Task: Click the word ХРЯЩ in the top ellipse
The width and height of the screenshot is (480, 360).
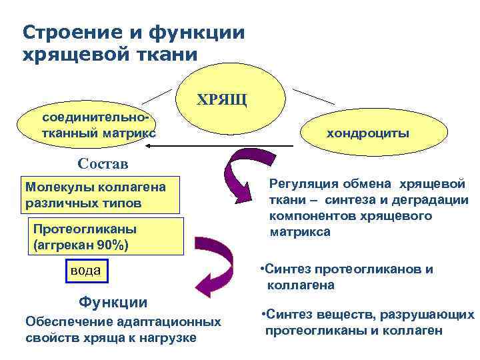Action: click(222, 101)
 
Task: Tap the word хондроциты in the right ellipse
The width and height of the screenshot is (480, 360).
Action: click(368, 133)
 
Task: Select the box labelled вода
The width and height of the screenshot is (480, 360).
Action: click(86, 270)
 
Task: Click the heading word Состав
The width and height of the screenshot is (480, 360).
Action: click(103, 163)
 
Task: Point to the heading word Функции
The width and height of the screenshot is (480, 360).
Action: click(113, 302)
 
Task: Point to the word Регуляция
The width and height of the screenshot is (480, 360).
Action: click(303, 184)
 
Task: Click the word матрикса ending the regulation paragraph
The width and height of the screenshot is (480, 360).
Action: click(300, 232)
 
